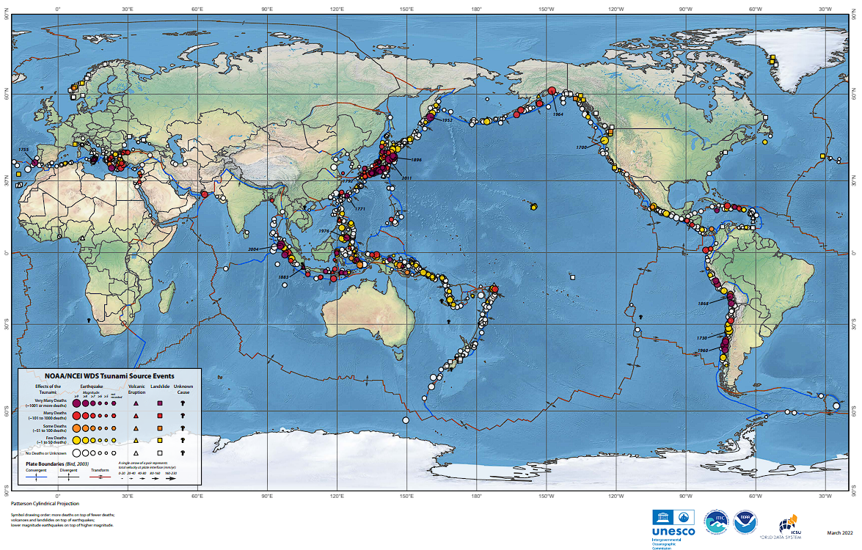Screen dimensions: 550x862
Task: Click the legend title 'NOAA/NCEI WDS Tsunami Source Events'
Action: (x=111, y=375)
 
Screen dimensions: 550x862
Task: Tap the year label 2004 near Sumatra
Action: (x=255, y=249)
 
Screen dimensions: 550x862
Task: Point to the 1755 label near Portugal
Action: (x=23, y=150)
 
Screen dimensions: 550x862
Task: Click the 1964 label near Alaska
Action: (x=558, y=114)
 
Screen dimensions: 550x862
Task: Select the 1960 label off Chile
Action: (x=702, y=351)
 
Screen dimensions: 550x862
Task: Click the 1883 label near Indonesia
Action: (x=282, y=276)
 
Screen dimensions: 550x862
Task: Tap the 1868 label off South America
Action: (x=703, y=303)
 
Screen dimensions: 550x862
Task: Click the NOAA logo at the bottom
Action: (x=743, y=521)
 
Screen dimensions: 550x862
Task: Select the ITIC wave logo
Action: (x=715, y=521)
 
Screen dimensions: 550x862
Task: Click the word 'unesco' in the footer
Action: (x=668, y=531)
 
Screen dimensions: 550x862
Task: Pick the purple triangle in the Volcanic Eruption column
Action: (x=136, y=403)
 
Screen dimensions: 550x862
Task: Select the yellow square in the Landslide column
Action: (x=159, y=440)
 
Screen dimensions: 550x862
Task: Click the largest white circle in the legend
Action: (x=76, y=454)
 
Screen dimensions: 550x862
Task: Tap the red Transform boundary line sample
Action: (x=105, y=477)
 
